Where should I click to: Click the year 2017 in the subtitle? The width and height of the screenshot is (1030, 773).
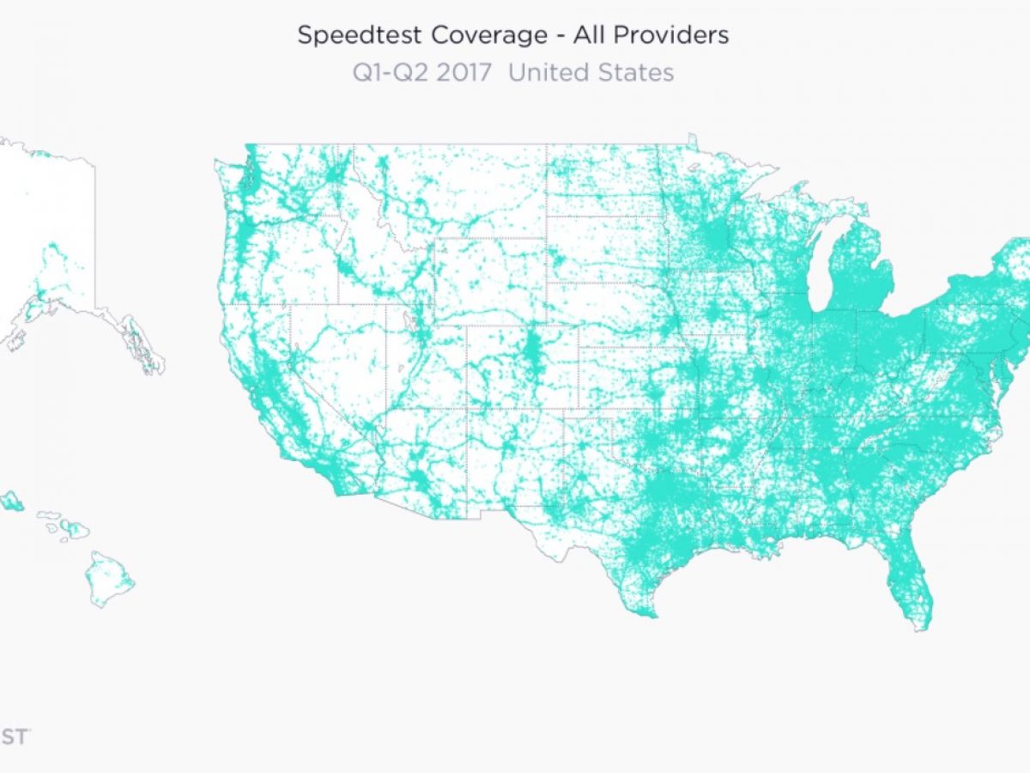(x=463, y=72)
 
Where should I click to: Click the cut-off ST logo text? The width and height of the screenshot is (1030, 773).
(x=15, y=736)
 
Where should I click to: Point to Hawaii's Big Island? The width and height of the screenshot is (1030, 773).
(x=110, y=578)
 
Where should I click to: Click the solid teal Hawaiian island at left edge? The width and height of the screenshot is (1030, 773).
(x=11, y=501)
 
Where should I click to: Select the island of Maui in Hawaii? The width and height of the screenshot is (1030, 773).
(x=76, y=530)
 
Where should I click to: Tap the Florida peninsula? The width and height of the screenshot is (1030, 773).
(x=905, y=575)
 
